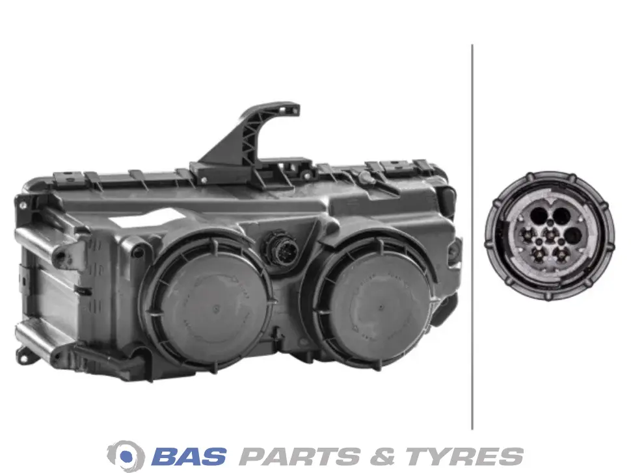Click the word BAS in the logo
pyautogui.click(x=189, y=457)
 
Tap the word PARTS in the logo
pyautogui.click(x=299, y=457)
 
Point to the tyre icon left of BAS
pyautogui.click(x=126, y=455)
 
